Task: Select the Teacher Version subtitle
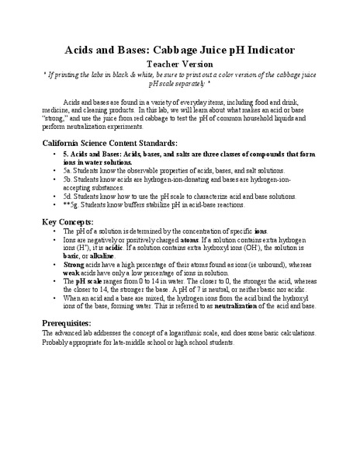(x=179, y=64)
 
